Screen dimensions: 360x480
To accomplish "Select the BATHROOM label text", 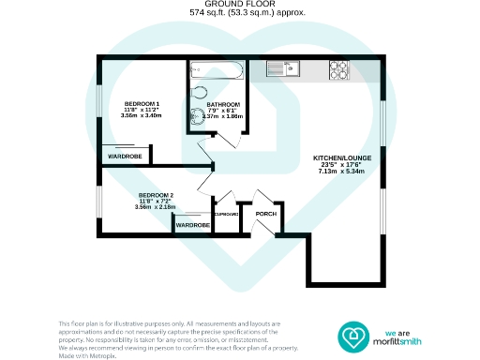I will click(x=224, y=104).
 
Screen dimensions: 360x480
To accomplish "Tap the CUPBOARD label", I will click(x=226, y=215).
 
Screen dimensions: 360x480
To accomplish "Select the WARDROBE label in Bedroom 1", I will click(x=124, y=157).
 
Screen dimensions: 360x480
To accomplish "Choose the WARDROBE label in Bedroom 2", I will click(x=193, y=225).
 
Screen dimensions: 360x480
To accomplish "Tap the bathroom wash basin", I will click(x=198, y=117).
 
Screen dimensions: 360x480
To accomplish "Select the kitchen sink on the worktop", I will click(x=281, y=67).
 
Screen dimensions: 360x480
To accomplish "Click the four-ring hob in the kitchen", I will click(x=338, y=68).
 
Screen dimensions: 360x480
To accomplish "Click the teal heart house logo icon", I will click(x=355, y=336).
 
